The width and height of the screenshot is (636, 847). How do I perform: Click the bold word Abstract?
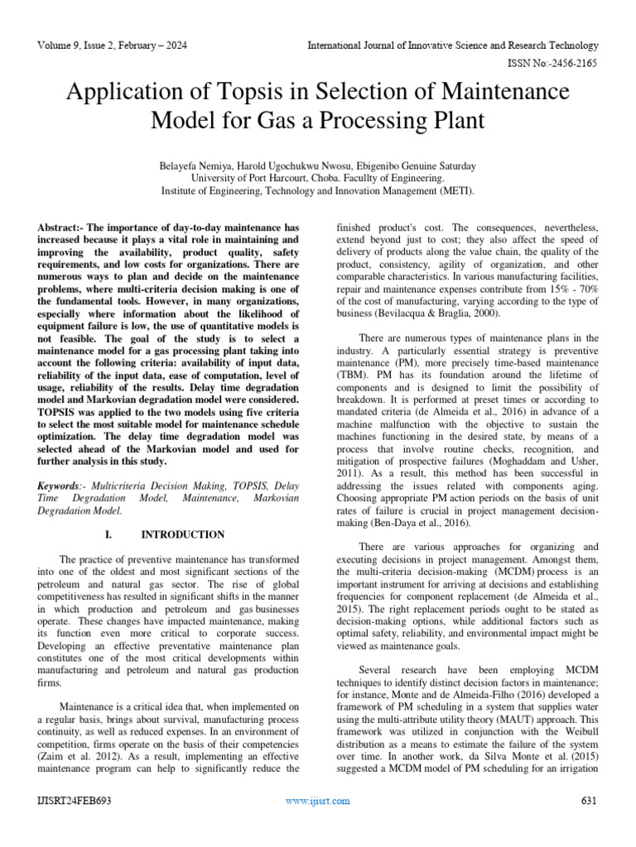pyautogui.click(x=60, y=227)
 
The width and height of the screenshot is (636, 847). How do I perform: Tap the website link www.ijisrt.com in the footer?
pyautogui.click(x=317, y=802)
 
